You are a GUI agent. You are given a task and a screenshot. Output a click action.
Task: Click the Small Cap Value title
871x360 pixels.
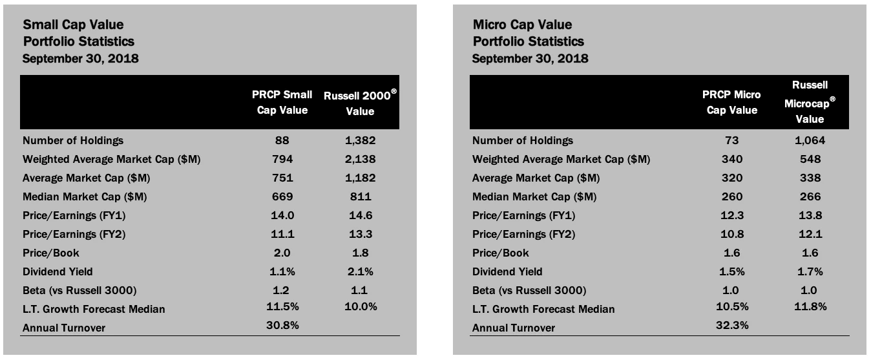73,25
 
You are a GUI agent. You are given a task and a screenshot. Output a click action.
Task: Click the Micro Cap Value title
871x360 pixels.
522,25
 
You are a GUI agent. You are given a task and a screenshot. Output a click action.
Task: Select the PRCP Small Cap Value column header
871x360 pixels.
282,102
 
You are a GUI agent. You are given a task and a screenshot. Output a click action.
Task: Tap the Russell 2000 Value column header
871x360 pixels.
360,103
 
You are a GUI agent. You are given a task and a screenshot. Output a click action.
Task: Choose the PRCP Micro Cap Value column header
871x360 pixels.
732,102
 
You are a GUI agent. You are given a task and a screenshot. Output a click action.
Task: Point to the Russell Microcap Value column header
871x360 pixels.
810,101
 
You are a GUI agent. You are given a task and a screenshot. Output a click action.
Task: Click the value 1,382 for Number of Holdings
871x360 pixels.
360,140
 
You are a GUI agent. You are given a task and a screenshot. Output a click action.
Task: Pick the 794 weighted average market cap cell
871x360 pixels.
282,159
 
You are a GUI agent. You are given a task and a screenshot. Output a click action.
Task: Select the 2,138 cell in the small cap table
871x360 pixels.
360,159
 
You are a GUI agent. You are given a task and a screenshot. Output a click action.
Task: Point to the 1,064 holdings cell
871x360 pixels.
810,140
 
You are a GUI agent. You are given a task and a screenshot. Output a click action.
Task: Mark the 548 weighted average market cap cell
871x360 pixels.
810,159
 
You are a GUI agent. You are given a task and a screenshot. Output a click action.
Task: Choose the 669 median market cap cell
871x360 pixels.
282,196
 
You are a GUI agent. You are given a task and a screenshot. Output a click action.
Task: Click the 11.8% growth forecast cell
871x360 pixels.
810,307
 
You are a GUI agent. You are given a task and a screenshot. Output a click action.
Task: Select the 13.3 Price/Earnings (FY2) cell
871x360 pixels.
360,234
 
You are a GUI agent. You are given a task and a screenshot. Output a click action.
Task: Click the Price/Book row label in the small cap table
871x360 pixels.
51,253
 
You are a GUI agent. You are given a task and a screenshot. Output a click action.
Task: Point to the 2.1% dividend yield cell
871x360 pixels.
360,271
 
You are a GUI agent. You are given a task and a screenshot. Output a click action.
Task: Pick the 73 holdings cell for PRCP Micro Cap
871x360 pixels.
732,140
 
